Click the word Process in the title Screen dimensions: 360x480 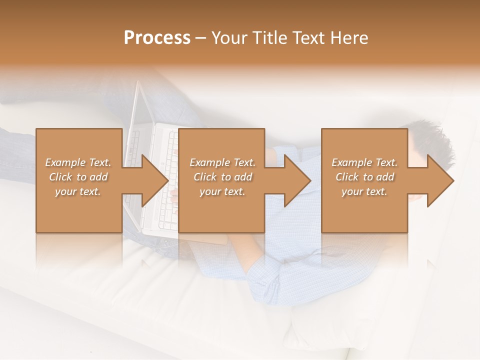coord(157,37)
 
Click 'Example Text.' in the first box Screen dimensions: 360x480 coord(78,162)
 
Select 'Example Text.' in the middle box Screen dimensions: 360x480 coord(222,162)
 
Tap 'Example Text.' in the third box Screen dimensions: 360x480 coord(364,162)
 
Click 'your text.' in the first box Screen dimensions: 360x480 coord(78,191)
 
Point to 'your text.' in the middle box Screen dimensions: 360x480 coord(222,191)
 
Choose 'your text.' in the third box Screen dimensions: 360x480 coord(364,191)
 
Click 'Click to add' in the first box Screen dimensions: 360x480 coord(78,177)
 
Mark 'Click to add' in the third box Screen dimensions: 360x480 coord(364,177)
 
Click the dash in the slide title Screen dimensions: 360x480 coord(201,38)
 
